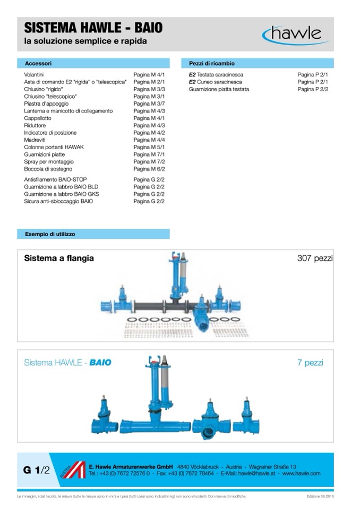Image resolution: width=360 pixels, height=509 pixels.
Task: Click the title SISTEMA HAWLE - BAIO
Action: click(x=93, y=28)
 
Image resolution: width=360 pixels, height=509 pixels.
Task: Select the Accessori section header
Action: click(x=38, y=63)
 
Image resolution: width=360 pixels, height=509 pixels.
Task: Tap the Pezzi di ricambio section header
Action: click(x=212, y=63)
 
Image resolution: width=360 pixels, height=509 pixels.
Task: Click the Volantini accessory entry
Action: click(x=34, y=75)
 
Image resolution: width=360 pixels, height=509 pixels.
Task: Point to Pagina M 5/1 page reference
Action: click(x=149, y=147)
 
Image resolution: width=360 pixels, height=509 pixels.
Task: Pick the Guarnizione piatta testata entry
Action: click(x=219, y=90)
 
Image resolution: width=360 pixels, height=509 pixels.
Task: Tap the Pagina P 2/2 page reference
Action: click(x=313, y=90)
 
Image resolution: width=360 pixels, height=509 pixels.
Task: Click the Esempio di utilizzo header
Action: click(x=50, y=234)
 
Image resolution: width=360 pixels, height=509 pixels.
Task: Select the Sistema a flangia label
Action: click(x=59, y=258)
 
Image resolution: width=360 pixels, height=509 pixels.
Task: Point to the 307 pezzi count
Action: click(x=315, y=258)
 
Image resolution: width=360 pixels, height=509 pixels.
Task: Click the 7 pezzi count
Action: click(x=310, y=363)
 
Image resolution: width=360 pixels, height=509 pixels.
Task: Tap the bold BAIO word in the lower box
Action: click(x=100, y=363)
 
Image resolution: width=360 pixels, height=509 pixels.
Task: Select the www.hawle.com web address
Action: click(x=301, y=473)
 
